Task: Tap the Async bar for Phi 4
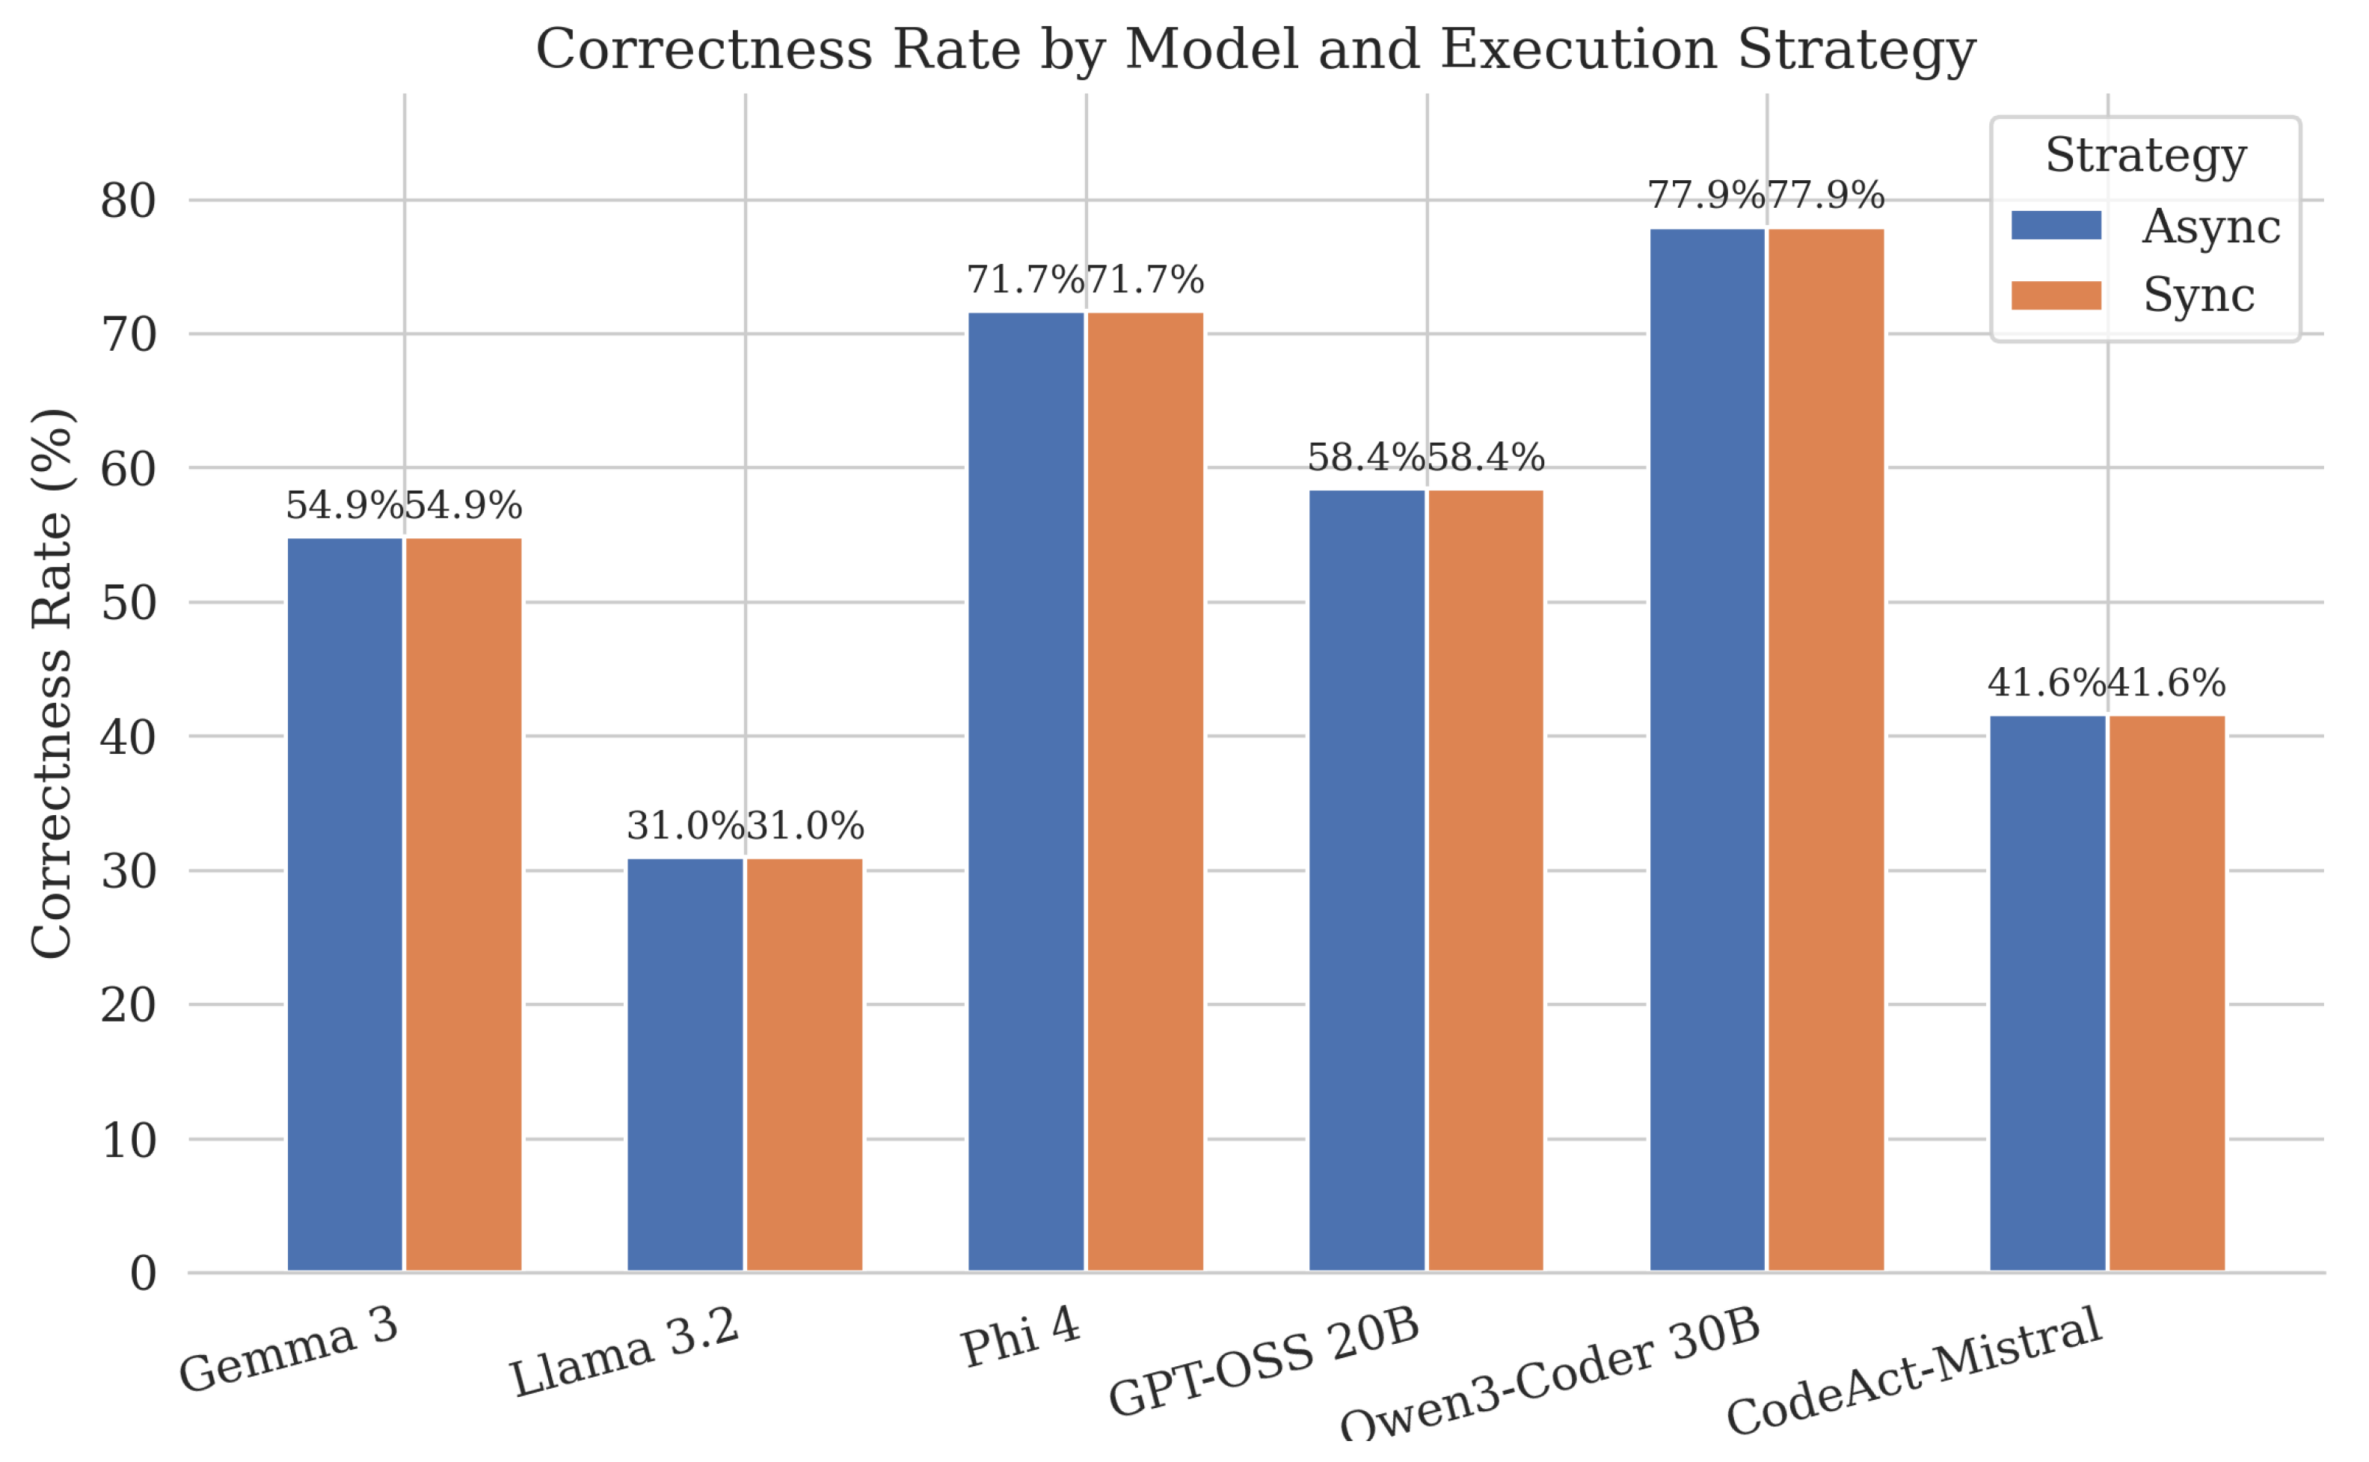click(1026, 792)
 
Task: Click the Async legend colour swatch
click(2056, 224)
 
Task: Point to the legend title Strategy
click(2145, 156)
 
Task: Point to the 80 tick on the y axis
click(128, 201)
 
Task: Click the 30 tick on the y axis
click(128, 871)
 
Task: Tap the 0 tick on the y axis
click(142, 1274)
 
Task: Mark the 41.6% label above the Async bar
click(2046, 684)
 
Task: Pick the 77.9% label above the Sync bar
click(1825, 196)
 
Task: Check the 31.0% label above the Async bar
click(686, 826)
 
